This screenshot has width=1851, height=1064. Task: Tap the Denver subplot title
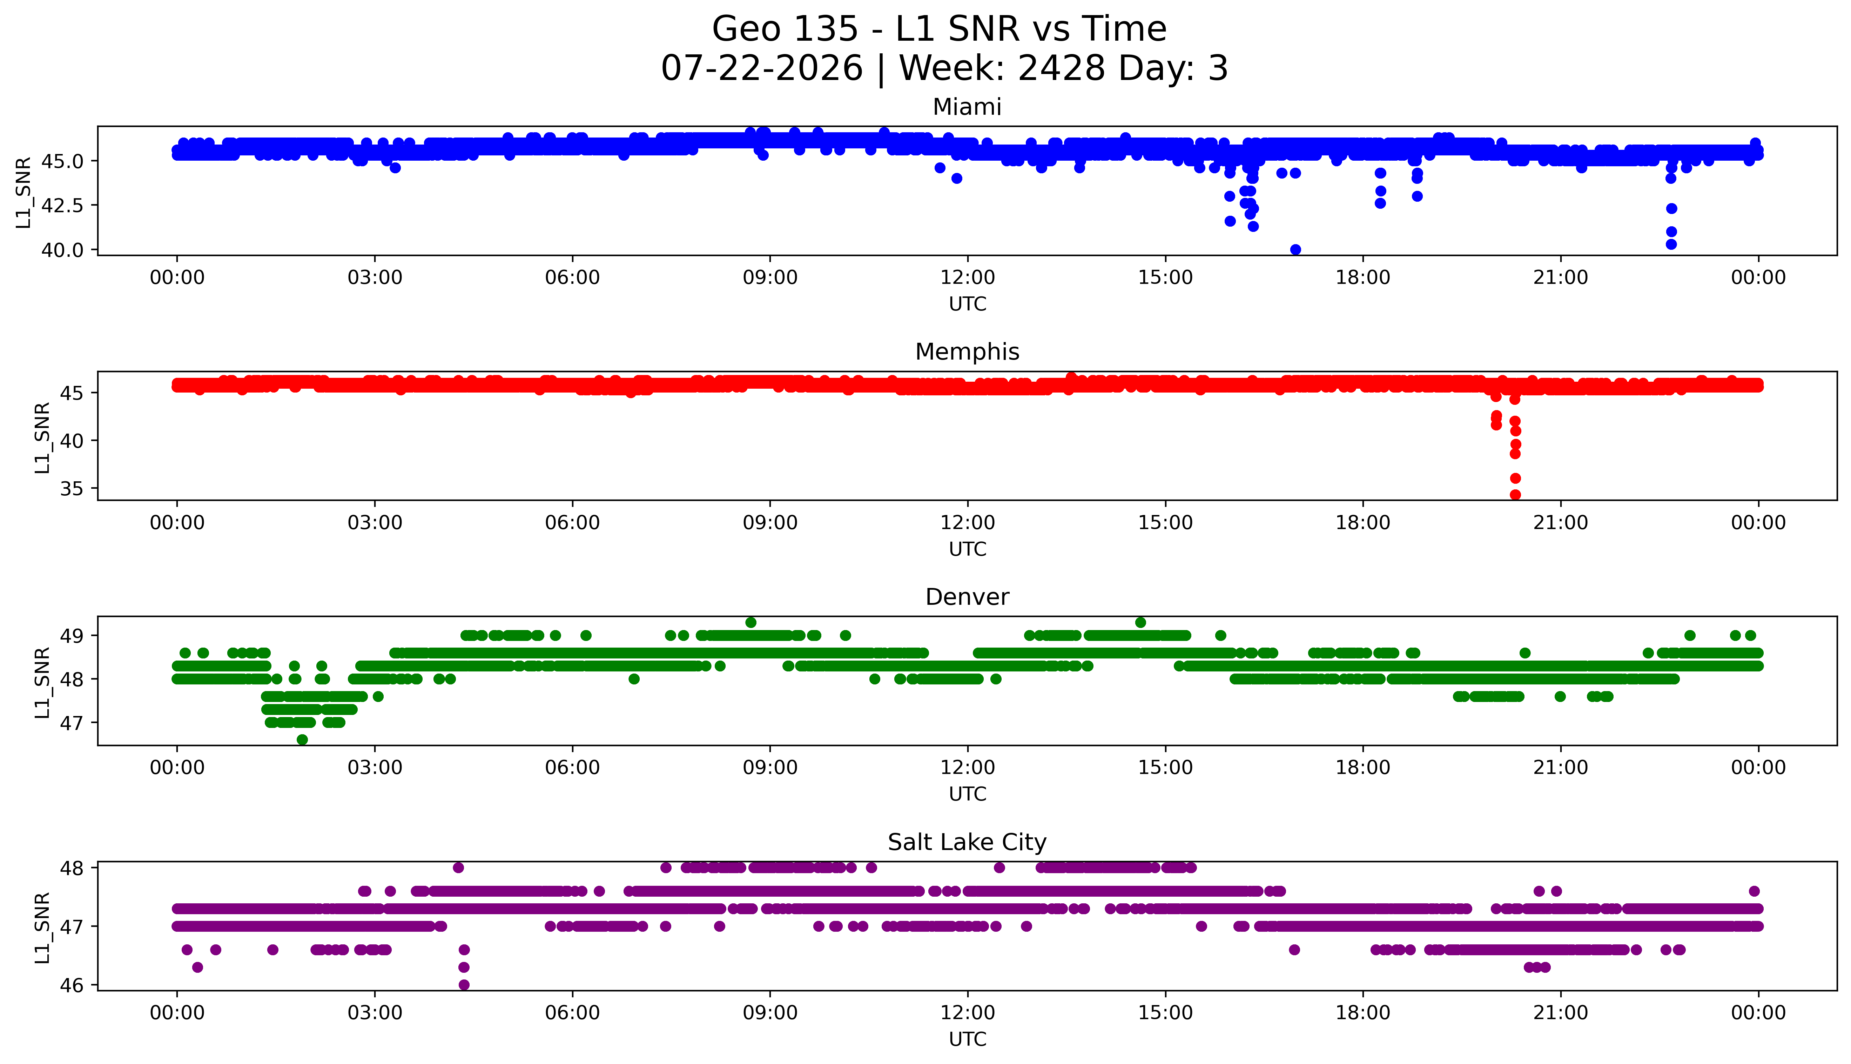tap(967, 597)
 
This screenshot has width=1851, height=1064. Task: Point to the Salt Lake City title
tap(967, 843)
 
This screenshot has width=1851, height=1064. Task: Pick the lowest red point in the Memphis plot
tap(1515, 495)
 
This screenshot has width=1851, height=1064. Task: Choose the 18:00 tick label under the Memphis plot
tap(1363, 522)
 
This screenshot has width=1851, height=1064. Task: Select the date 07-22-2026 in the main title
tap(762, 68)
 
